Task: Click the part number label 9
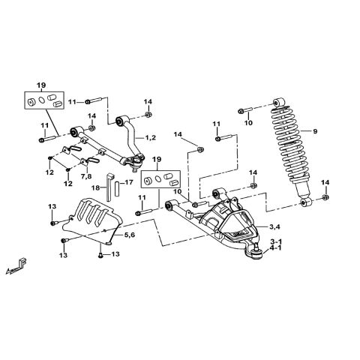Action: (316, 131)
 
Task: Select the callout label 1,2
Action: (150, 137)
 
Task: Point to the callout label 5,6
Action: (129, 235)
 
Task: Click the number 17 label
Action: (128, 182)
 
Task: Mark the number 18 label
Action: (95, 187)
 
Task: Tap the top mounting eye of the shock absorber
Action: (281, 101)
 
